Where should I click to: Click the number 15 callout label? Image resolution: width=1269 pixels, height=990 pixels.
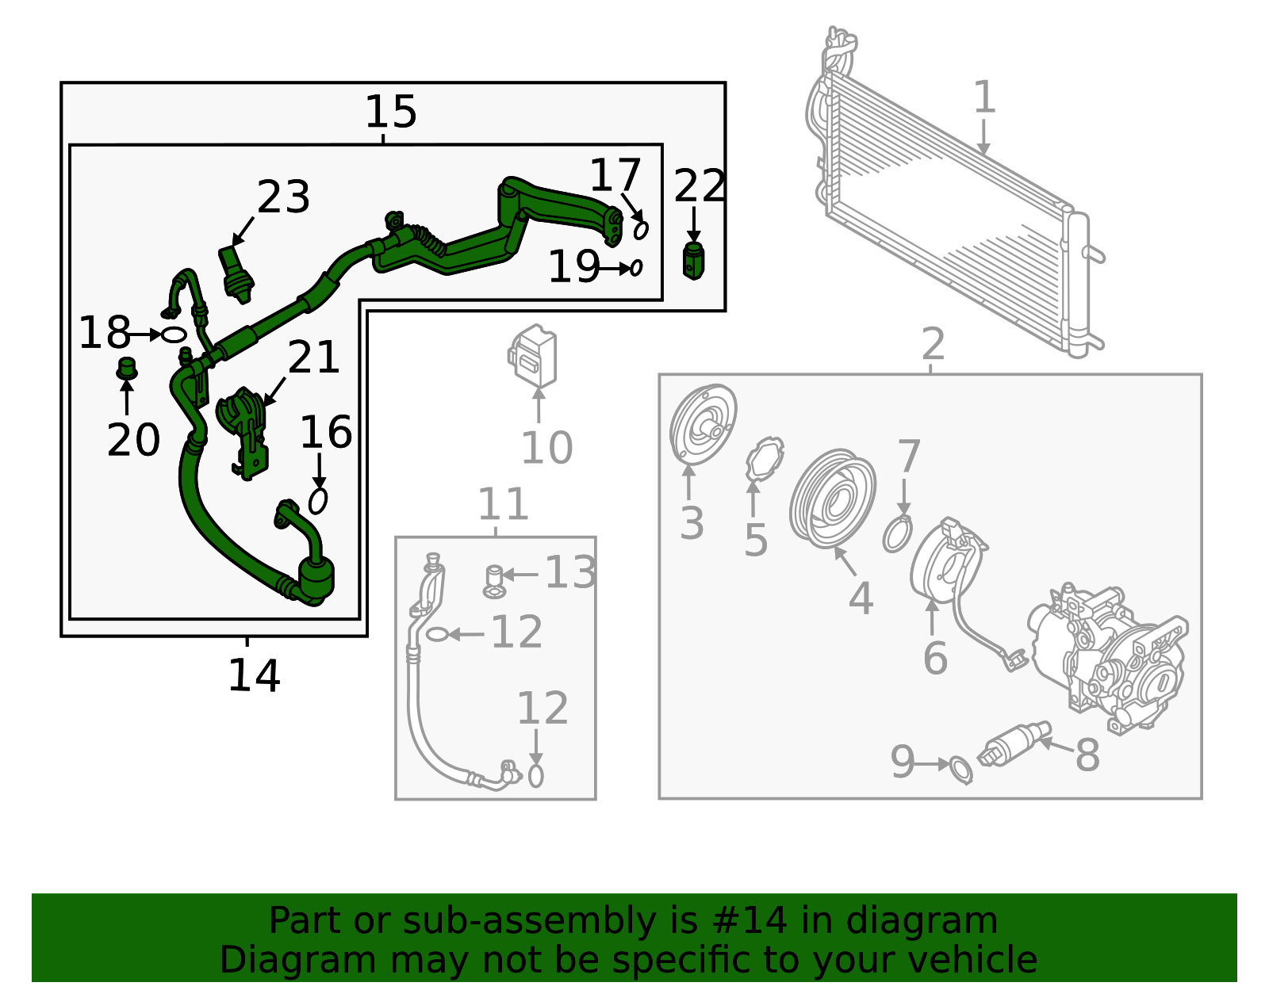click(x=390, y=112)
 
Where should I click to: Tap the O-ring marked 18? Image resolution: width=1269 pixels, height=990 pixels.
click(x=174, y=334)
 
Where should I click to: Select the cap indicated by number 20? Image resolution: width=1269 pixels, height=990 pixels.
click(x=127, y=369)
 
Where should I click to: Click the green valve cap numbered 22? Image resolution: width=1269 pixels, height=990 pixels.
click(x=693, y=261)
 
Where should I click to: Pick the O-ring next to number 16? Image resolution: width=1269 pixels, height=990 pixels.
click(x=318, y=501)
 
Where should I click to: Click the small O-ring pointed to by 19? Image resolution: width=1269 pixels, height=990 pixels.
click(x=636, y=268)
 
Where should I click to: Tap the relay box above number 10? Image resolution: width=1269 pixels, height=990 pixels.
click(x=533, y=356)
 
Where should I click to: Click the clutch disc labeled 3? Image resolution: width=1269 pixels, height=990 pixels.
click(x=702, y=425)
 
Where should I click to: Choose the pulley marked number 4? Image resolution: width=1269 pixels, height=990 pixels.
click(x=833, y=498)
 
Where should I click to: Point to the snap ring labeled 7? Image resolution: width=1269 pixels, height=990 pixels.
click(x=897, y=534)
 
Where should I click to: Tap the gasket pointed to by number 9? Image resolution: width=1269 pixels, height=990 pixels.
click(x=960, y=769)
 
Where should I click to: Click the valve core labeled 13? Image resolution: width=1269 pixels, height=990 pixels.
click(x=494, y=580)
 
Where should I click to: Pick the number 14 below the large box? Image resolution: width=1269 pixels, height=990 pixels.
click(x=254, y=676)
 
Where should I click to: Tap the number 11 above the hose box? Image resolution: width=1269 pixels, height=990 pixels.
click(x=503, y=504)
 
